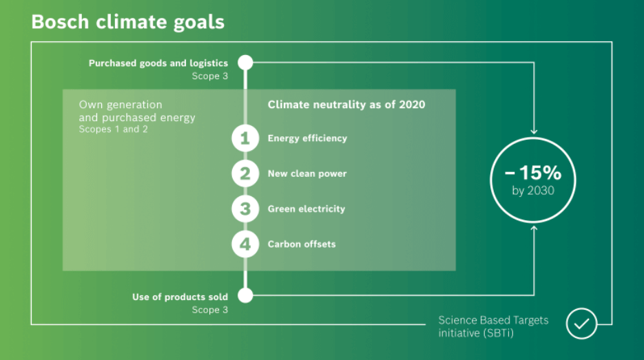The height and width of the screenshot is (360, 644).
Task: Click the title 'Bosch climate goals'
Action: click(x=127, y=23)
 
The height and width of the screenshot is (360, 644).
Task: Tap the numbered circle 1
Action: click(x=245, y=138)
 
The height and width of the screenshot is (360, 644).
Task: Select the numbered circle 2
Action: click(x=245, y=173)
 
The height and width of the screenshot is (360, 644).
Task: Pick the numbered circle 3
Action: click(x=245, y=209)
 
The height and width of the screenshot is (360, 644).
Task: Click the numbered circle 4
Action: click(x=245, y=244)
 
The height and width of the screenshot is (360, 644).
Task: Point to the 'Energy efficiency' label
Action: click(x=307, y=139)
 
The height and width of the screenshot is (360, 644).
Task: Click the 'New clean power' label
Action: click(x=307, y=174)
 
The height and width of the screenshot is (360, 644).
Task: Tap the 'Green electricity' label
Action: click(x=307, y=209)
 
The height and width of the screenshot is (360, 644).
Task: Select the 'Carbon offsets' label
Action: click(x=302, y=244)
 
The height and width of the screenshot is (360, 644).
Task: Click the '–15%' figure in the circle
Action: click(x=532, y=173)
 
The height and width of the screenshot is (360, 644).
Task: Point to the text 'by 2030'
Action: click(x=533, y=191)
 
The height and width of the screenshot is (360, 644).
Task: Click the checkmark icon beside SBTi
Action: click(x=581, y=324)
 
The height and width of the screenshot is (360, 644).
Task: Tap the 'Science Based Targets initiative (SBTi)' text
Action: click(x=493, y=326)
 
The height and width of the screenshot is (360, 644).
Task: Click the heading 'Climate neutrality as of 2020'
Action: click(x=346, y=105)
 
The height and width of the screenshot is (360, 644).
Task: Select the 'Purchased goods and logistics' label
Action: click(x=158, y=63)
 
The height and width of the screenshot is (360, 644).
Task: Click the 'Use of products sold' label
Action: click(x=180, y=297)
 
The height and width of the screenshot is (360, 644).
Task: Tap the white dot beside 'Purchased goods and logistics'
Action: click(x=245, y=63)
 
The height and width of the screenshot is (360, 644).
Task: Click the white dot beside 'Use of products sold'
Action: click(x=245, y=295)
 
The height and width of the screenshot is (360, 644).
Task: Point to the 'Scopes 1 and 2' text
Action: click(x=113, y=129)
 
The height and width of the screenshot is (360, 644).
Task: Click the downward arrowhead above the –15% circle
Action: click(x=534, y=131)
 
